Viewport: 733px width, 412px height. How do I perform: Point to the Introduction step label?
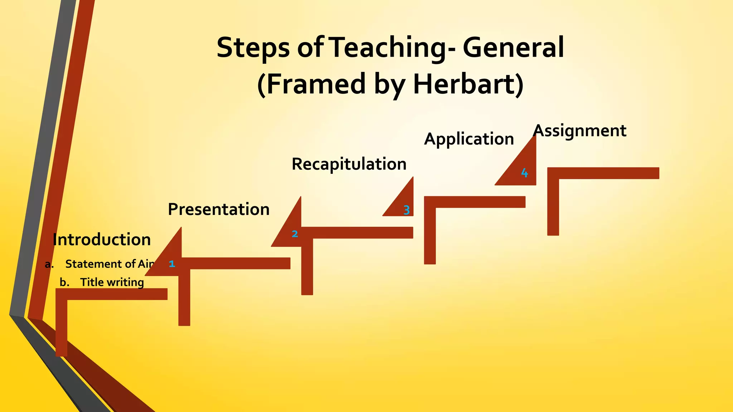(102, 240)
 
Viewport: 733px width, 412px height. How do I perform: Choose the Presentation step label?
(219, 209)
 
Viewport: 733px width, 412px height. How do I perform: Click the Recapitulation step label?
(349, 164)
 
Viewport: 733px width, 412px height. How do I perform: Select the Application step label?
(469, 139)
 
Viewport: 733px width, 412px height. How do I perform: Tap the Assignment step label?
(580, 131)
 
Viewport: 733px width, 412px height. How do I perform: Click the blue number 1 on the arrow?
(172, 264)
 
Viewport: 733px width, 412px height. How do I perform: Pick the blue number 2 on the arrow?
(295, 234)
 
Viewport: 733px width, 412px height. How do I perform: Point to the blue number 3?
(407, 210)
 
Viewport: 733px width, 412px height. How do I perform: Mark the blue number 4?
(524, 173)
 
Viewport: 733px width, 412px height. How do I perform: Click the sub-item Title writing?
(112, 282)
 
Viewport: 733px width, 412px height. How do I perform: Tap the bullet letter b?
(64, 282)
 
